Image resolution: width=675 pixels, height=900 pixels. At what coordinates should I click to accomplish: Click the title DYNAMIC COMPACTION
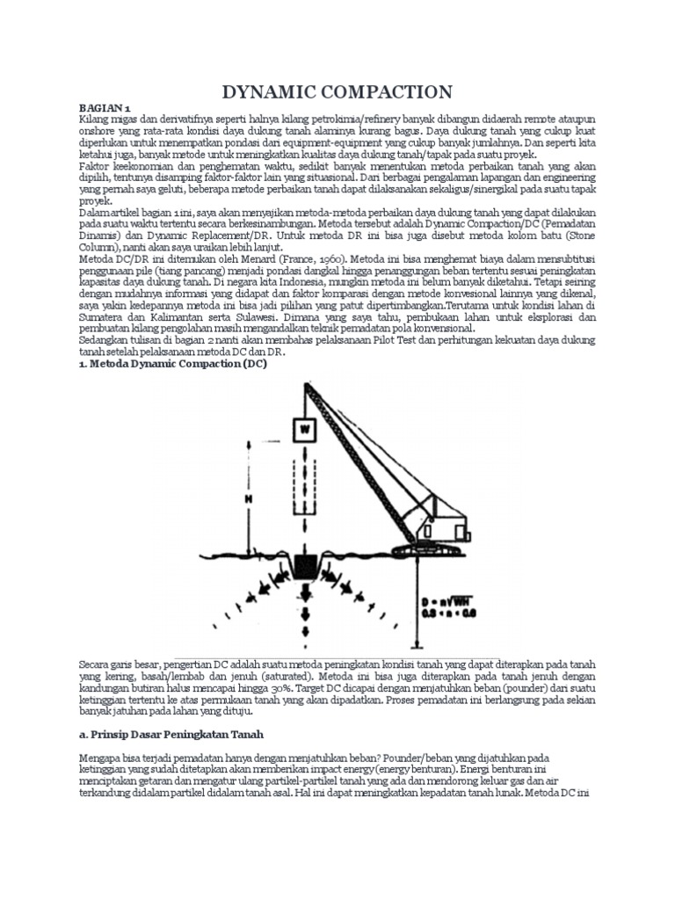tap(337, 91)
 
